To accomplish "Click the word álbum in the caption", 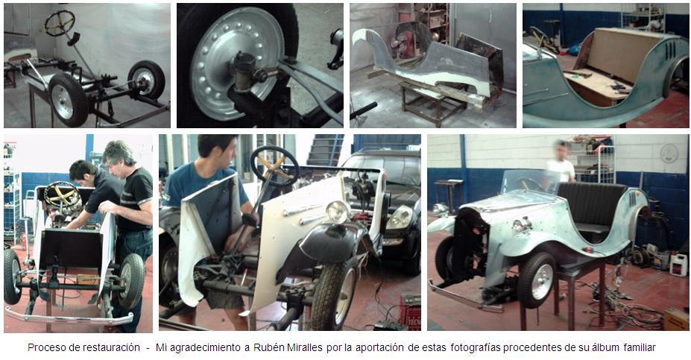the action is pos(607,347).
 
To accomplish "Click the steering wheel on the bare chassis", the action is pos(60,23).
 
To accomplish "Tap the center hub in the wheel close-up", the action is pos(242,71).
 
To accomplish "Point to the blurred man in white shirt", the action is pos(561,162).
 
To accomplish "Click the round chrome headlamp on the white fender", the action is pos(337,212).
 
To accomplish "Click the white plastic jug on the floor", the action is pos(678,265).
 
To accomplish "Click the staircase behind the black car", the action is pos(324,150).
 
